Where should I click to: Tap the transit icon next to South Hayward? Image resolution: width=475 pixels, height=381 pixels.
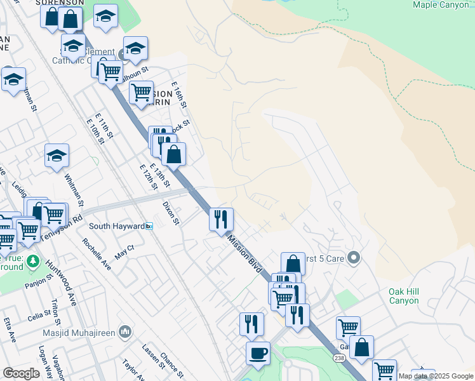[x=149, y=226]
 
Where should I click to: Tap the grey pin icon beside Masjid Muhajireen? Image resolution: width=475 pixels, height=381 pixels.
[x=126, y=331]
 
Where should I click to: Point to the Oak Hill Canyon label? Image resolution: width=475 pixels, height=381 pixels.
[x=404, y=295]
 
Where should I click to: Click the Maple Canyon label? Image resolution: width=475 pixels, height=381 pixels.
[x=441, y=4]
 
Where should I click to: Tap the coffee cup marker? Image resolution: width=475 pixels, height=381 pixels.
[x=258, y=353]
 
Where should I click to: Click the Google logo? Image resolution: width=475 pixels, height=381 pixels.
[x=21, y=373]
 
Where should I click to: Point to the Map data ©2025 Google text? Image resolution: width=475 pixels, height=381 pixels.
[x=436, y=376]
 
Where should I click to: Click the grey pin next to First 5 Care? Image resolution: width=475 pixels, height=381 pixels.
[x=354, y=258]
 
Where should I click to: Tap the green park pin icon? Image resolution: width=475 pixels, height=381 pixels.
[x=34, y=261]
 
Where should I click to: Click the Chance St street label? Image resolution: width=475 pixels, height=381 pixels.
[x=172, y=363]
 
